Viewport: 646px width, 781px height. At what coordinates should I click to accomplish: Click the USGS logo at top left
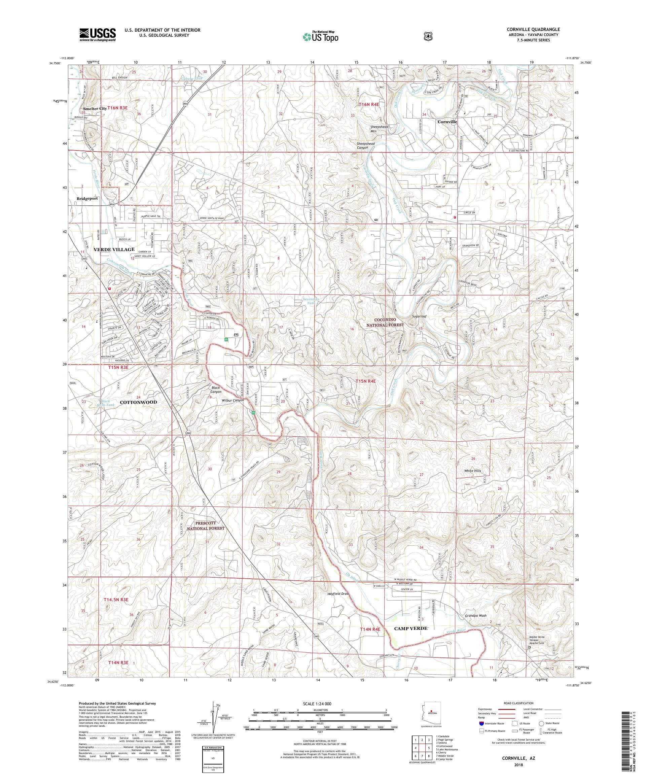coord(97,35)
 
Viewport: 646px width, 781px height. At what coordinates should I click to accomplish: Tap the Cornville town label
coord(447,122)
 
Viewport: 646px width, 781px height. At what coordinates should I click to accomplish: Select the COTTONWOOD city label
coord(138,402)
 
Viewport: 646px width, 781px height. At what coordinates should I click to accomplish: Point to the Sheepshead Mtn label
coord(379,129)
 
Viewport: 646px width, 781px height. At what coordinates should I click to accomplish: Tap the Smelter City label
coord(95,108)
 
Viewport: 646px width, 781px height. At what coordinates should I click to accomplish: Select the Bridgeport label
coord(87,199)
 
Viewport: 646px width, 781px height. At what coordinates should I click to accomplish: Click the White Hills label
coord(472,471)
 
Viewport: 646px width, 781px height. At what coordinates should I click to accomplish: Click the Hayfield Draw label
coord(338,594)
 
